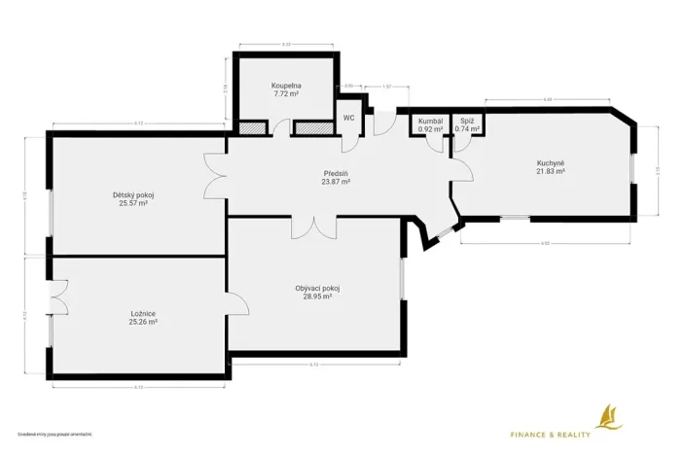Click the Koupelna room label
(x=285, y=86)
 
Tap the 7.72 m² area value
(x=285, y=94)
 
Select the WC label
(x=348, y=118)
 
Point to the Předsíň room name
(x=337, y=173)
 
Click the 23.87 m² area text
(x=337, y=182)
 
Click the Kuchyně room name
(x=551, y=162)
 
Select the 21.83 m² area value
(x=551, y=171)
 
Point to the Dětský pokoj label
(x=133, y=195)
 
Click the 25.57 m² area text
(x=133, y=204)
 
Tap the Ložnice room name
(x=144, y=313)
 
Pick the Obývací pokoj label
(x=317, y=288)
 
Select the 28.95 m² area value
(x=317, y=297)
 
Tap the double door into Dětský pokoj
(x=216, y=174)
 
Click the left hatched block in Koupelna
(x=253, y=127)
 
